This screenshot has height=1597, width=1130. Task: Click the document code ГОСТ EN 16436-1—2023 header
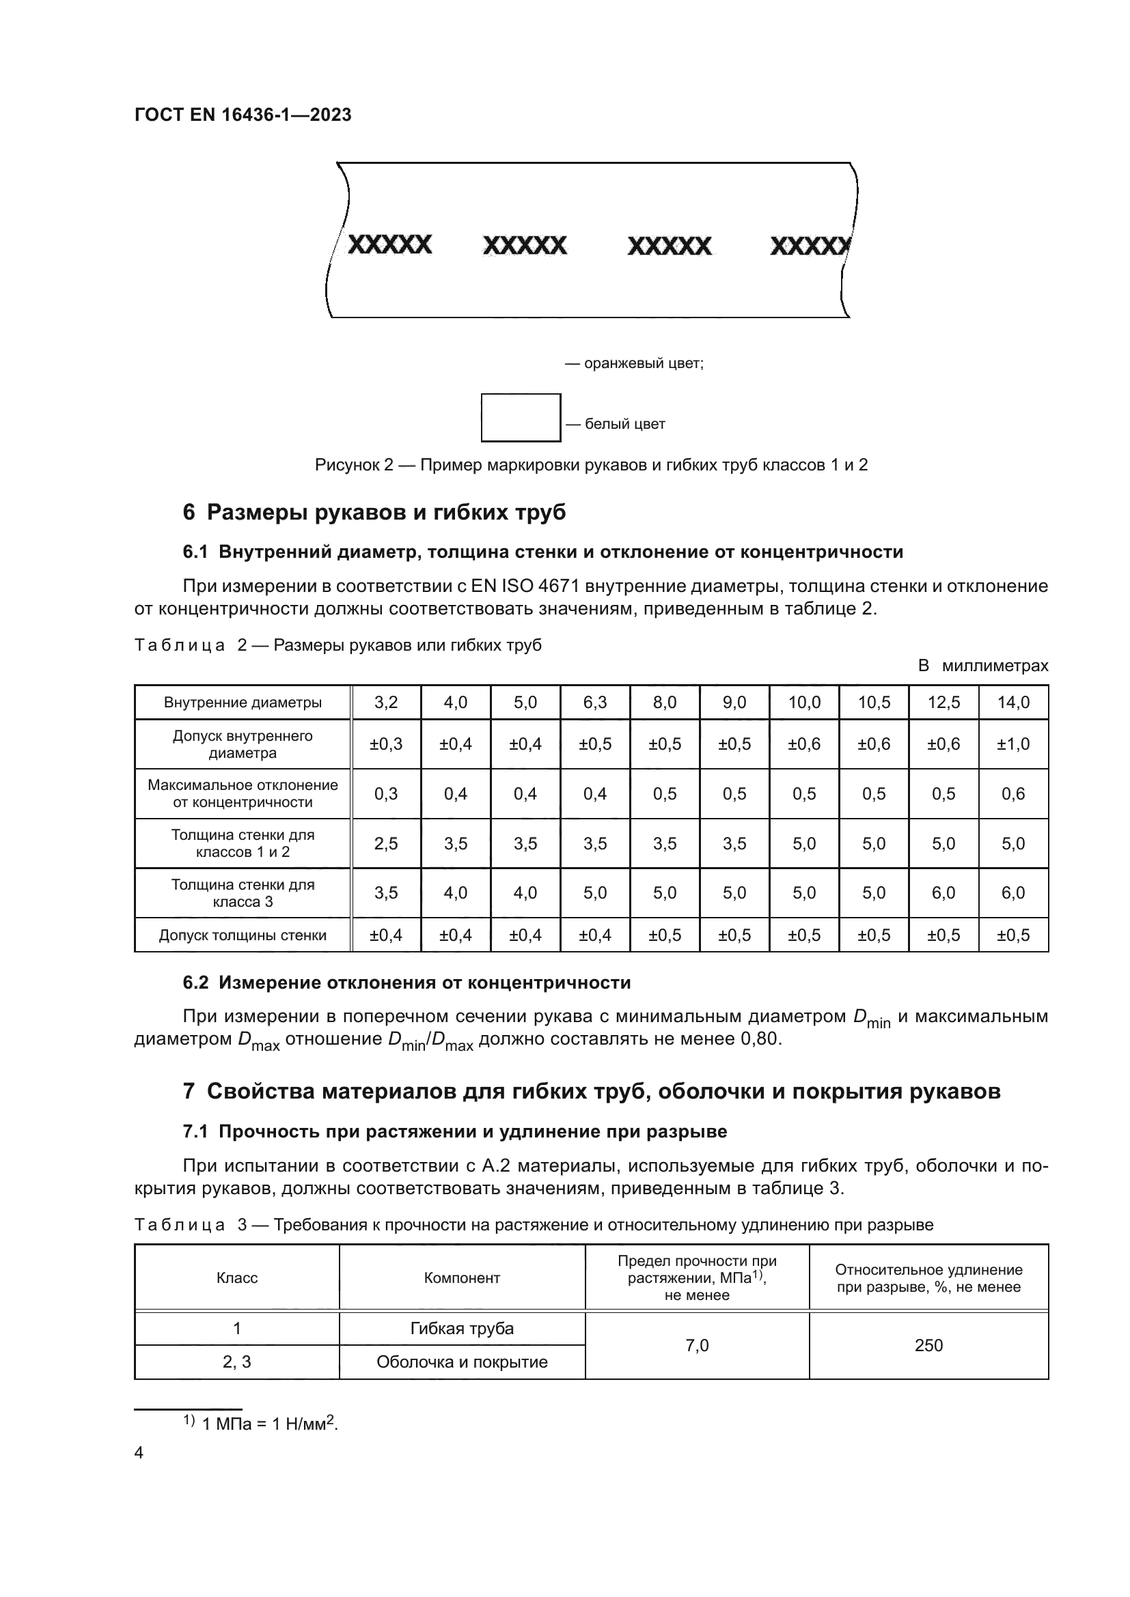[243, 115]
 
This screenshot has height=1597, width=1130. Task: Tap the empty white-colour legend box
[521, 417]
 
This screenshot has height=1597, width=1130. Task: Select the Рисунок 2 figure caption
[591, 465]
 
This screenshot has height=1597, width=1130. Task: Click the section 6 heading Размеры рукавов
[374, 512]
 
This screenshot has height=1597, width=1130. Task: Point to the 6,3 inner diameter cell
[595, 702]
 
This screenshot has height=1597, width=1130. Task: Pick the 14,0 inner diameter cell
[1013, 702]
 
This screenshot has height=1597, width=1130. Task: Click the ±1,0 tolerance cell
[1013, 744]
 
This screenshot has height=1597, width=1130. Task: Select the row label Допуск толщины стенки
[243, 935]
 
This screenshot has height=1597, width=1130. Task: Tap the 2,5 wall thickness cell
[386, 843]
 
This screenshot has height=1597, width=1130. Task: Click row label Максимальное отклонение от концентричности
[243, 793]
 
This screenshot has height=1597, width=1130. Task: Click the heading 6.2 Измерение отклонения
[406, 982]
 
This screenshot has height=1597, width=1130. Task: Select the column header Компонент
[462, 1277]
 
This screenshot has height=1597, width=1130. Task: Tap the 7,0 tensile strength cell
[698, 1345]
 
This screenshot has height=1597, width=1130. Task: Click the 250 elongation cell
[929, 1345]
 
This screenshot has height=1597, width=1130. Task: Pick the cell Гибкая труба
[462, 1329]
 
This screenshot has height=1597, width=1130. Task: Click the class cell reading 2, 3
[236, 1362]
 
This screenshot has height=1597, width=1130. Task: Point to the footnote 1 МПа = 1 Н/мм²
[268, 1423]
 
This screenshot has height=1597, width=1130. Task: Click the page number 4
[139, 1452]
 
